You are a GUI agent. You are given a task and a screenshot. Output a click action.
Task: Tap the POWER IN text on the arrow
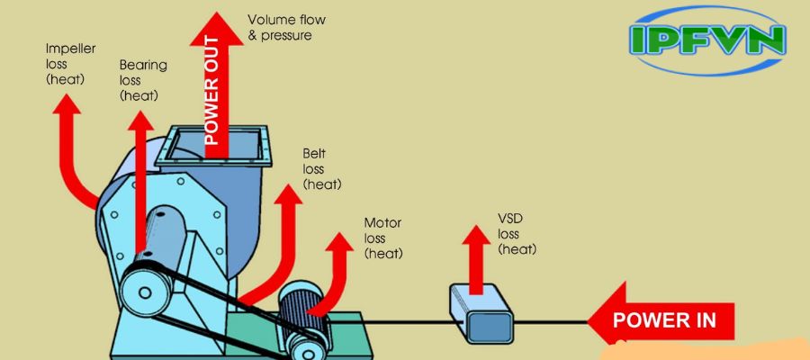[x=663, y=319]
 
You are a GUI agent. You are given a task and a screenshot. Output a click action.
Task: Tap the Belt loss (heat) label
[x=322, y=169]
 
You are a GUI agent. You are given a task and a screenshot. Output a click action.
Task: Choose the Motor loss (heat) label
[x=382, y=238]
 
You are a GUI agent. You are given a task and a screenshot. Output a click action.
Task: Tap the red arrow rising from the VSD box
[x=477, y=256]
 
